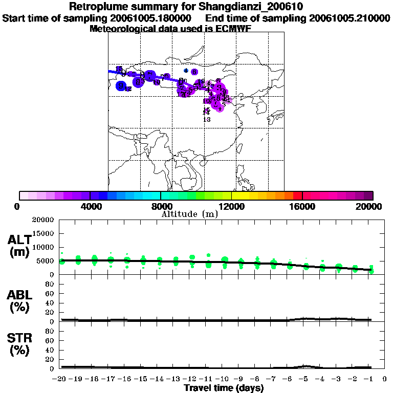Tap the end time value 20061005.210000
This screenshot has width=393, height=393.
[350, 18]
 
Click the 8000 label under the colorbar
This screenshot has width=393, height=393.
[160, 207]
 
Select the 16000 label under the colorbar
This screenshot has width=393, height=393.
[302, 207]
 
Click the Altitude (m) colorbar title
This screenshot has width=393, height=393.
[189, 214]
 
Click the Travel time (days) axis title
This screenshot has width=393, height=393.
[224, 388]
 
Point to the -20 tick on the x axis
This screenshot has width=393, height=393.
[60, 379]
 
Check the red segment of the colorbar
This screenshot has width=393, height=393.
[298, 195]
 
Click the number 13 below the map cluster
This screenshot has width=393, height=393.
[207, 119]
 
